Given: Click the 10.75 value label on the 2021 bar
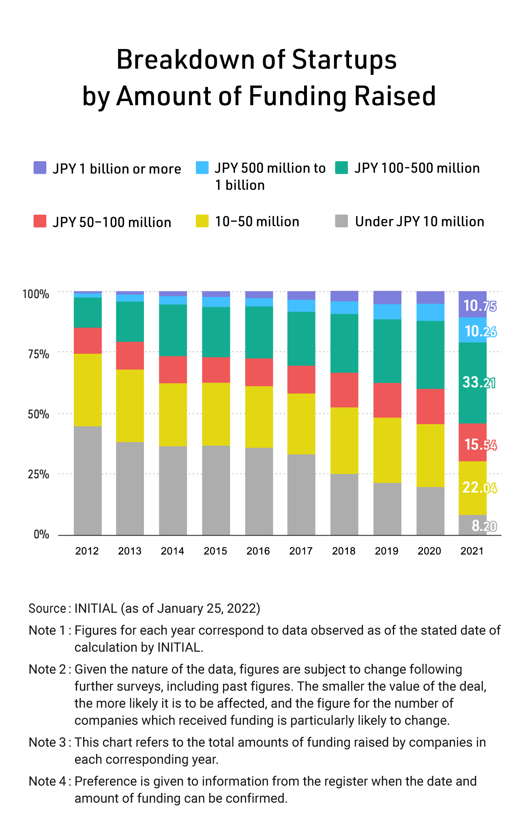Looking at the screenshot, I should coord(479,306).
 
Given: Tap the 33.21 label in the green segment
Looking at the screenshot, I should coord(479,382).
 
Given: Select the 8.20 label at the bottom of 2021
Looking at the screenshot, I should coord(484,526).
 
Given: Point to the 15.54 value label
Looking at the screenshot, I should coord(480,445).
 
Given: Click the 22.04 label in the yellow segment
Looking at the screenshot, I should coord(480,487).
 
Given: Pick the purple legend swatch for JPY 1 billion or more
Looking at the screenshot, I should coord(40,168).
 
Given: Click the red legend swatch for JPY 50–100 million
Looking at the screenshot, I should coord(40,221).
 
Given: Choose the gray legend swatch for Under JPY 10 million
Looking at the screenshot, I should coord(341,221).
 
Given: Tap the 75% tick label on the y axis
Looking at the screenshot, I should coord(39,354).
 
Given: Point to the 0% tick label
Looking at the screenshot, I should coord(41,534).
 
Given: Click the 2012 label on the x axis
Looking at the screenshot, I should coord(87,551).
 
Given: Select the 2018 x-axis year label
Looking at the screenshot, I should coord(344,551).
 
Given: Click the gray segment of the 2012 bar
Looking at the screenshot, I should coord(88,480).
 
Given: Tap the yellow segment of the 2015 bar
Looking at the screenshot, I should coord(216,414).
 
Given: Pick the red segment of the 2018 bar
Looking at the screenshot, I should coord(344,390).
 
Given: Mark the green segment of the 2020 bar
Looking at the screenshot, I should coord(430,355).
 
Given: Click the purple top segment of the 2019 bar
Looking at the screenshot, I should coord(387,297).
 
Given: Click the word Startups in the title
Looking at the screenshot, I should coord(344,60).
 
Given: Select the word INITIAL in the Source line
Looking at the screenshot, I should coord(96,608).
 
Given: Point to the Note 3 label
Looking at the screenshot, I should coord(47,742).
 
